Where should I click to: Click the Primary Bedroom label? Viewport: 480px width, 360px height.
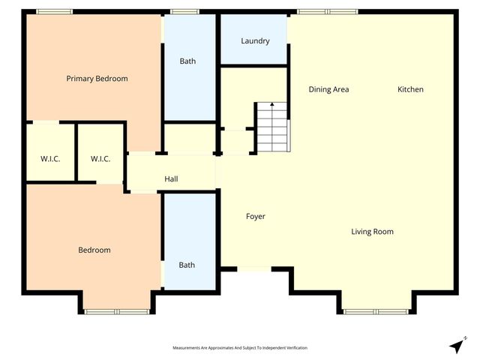click(x=97, y=79)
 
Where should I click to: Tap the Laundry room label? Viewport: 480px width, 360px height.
click(x=255, y=41)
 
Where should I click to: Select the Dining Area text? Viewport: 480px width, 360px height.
click(x=328, y=89)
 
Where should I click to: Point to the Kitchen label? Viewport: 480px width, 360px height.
click(x=410, y=89)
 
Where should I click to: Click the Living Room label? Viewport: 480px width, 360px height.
click(x=372, y=232)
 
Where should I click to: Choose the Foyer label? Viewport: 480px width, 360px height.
click(x=256, y=217)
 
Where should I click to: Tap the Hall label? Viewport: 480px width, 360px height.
click(x=171, y=179)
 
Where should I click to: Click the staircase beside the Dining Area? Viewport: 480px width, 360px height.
click(x=272, y=127)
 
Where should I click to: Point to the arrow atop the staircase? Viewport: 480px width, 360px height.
click(x=272, y=106)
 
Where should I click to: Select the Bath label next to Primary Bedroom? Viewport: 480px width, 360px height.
click(x=187, y=61)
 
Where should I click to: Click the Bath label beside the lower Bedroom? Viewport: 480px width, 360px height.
click(x=187, y=265)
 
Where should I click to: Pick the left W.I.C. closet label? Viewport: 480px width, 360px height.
click(x=50, y=158)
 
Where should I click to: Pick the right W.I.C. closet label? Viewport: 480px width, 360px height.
click(x=100, y=158)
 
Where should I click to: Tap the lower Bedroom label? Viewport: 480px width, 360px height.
click(x=94, y=250)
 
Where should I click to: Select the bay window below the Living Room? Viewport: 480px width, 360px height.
click(x=376, y=310)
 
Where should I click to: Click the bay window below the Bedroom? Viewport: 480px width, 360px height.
click(x=116, y=310)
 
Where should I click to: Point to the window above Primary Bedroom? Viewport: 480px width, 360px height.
click(x=54, y=11)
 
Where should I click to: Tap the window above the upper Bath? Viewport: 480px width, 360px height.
click(x=184, y=11)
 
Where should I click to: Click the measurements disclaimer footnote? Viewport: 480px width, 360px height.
click(x=240, y=348)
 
